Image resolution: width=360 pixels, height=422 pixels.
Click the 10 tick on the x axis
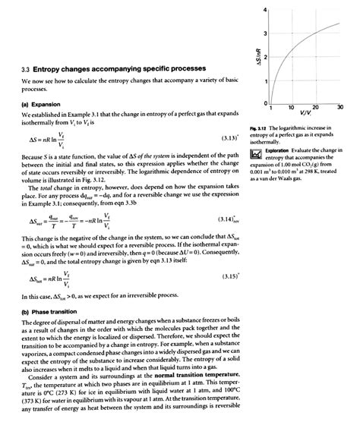click(290, 108)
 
